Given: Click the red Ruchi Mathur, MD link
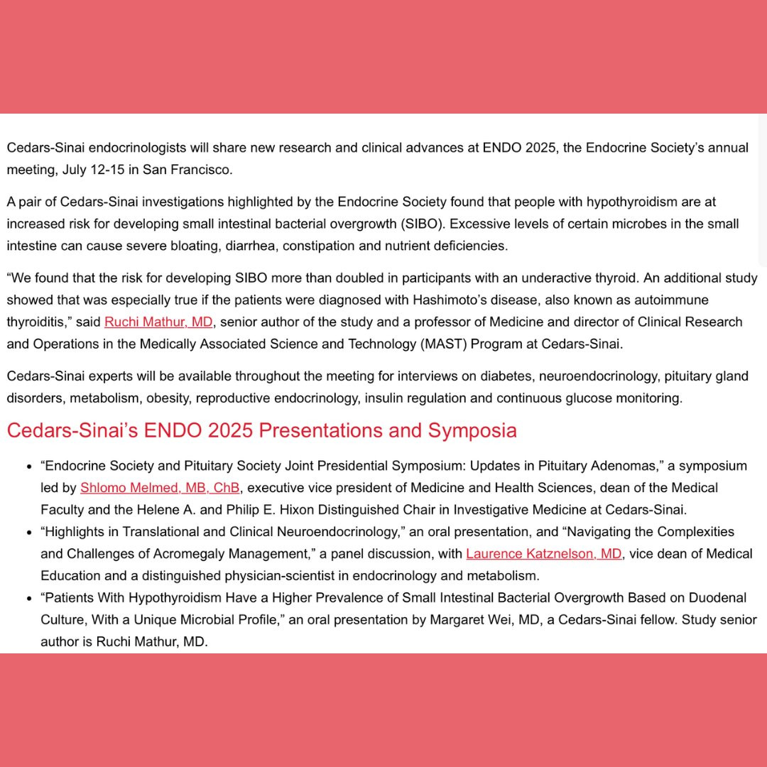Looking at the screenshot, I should coord(158,322).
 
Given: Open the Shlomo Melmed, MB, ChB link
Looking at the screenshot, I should coord(160,488).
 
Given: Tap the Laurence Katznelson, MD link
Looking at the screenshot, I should coord(544,553).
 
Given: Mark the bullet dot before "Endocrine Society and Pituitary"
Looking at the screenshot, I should coord(29,467).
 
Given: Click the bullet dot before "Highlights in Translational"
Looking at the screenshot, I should coord(29,532).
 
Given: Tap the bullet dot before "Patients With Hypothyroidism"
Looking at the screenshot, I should coord(29,599).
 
